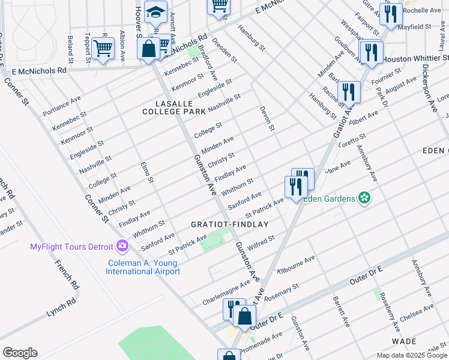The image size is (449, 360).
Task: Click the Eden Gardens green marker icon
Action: point(363,197)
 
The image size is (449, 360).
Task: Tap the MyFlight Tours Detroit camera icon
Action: point(122,247)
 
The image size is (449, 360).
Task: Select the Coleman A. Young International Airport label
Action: point(143,267)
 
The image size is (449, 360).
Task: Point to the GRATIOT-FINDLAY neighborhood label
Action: point(229,224)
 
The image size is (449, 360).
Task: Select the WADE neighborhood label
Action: point(404,341)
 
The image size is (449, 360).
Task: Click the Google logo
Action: point(20,352)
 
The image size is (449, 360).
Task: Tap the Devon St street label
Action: point(267,119)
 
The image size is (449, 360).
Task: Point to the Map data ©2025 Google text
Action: point(411,355)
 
